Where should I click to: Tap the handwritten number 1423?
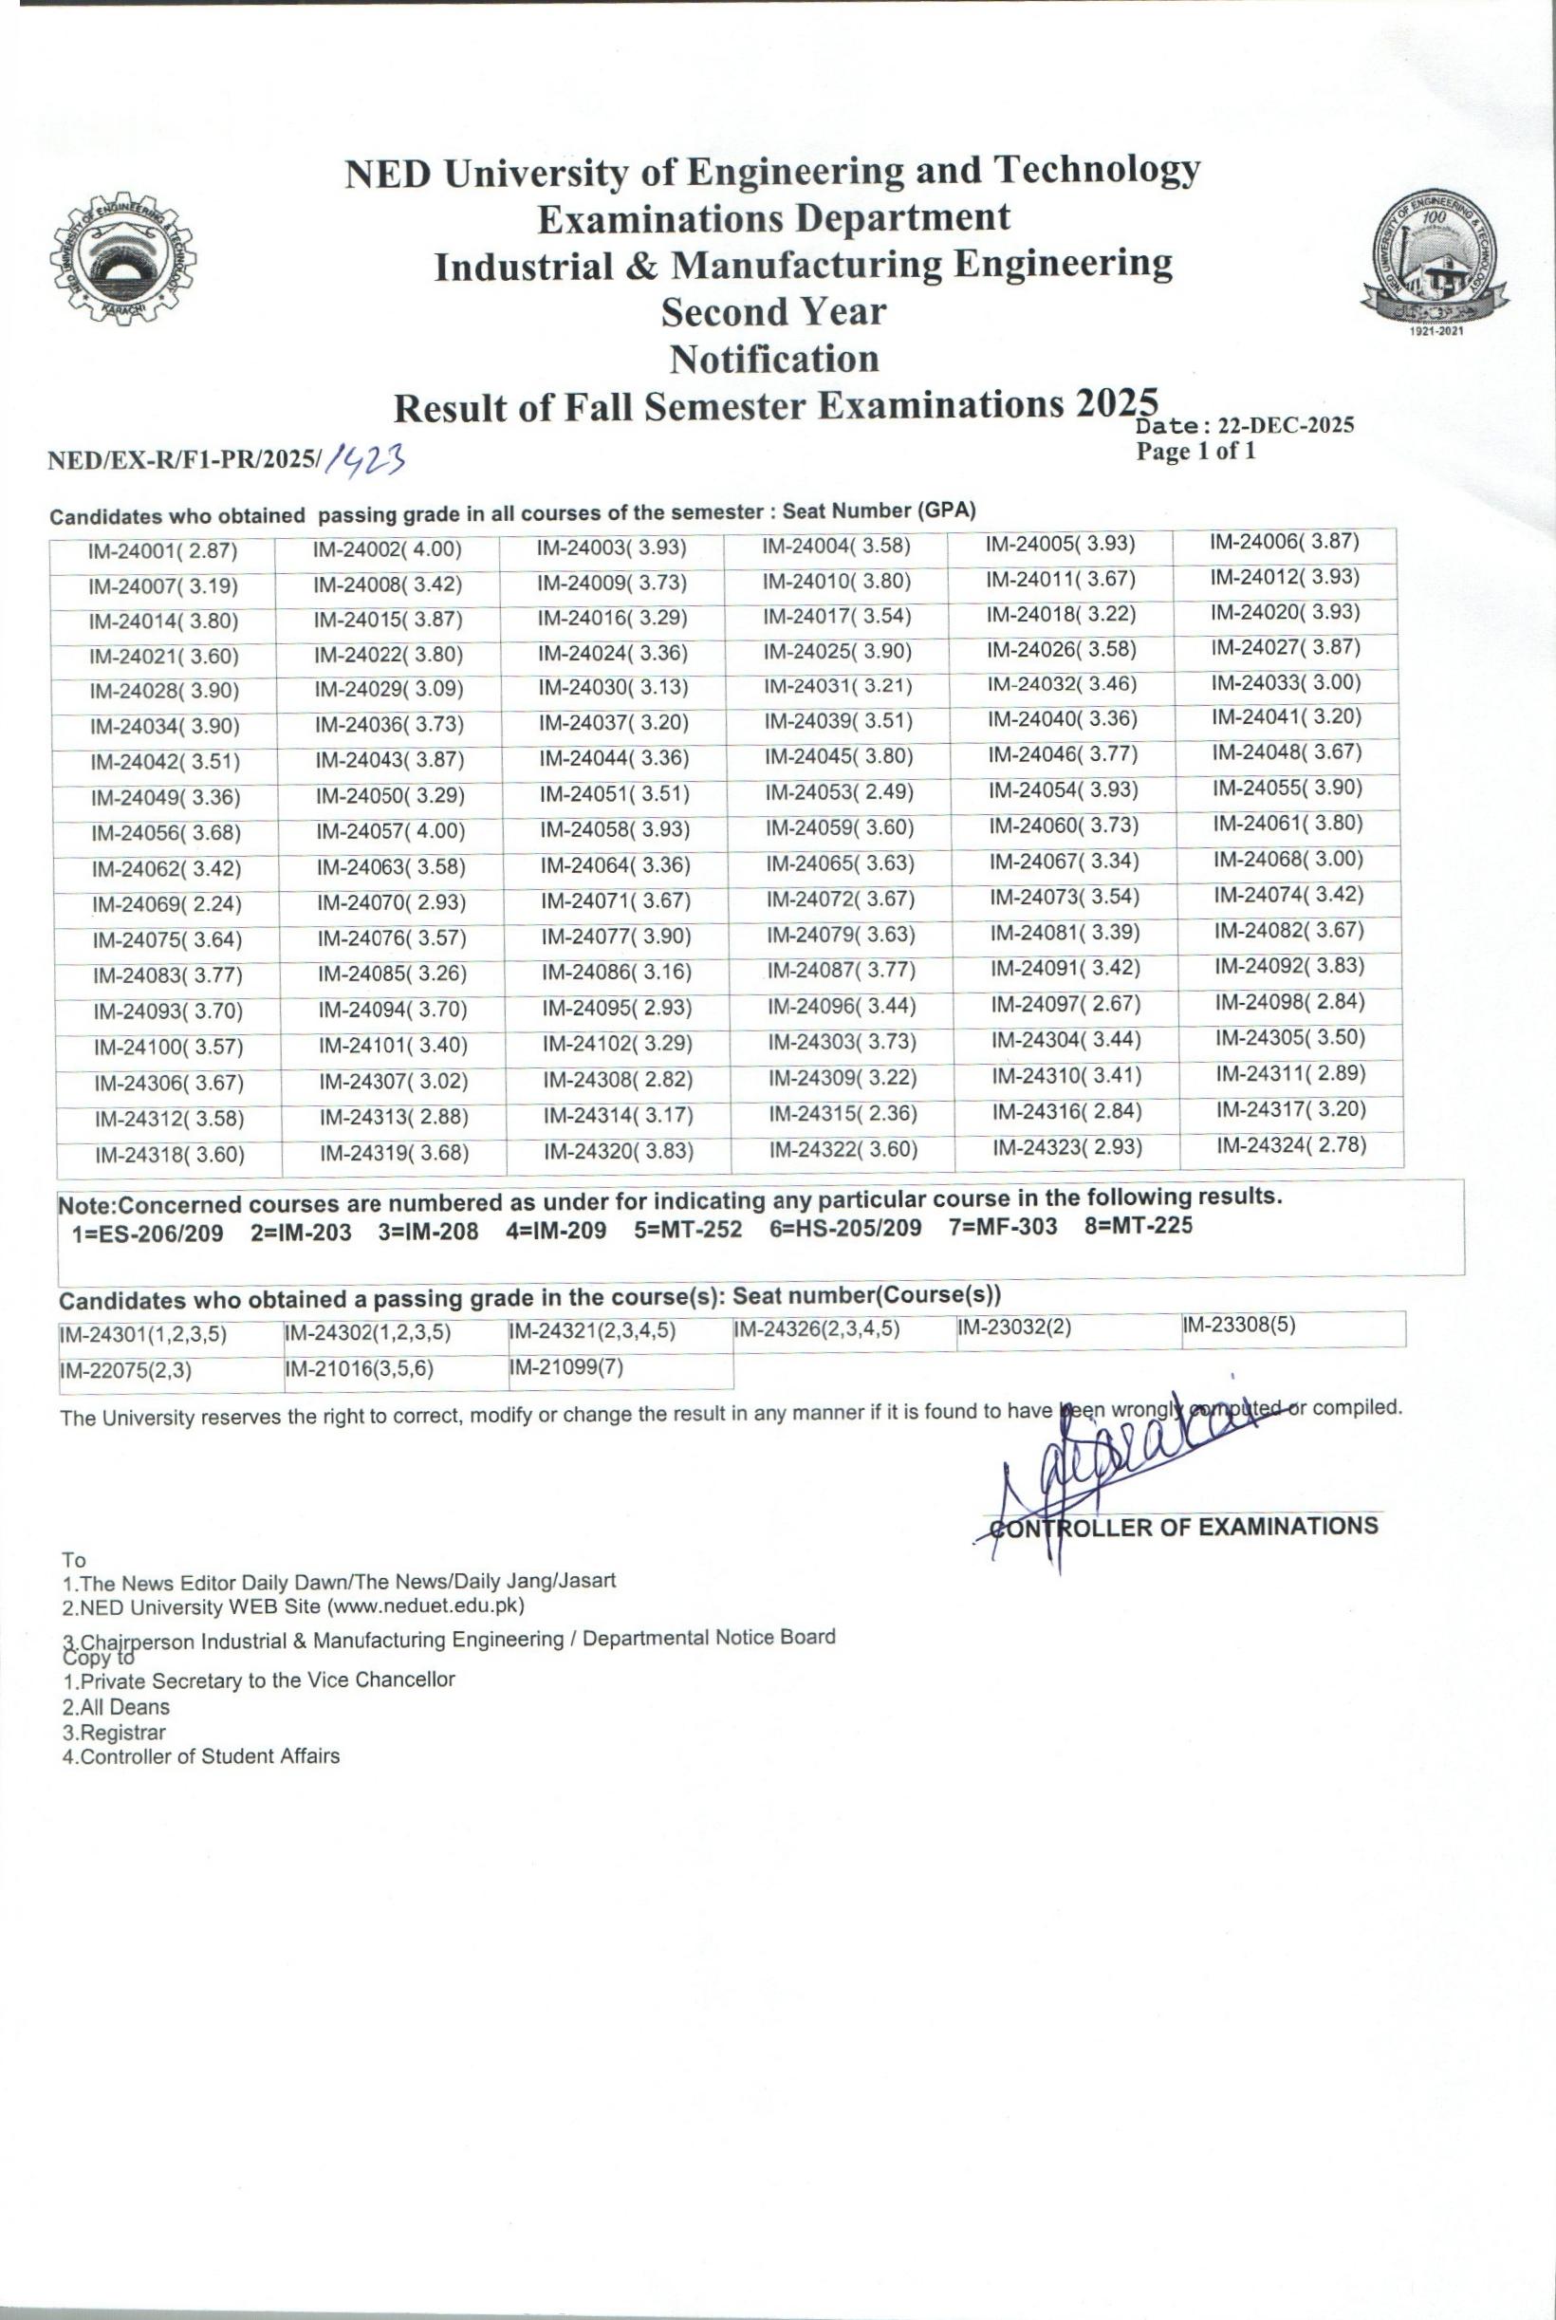pyautogui.click(x=368, y=458)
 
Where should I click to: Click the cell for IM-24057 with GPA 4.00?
pyautogui.click(x=391, y=831)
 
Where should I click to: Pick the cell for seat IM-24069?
pyautogui.click(x=167, y=904)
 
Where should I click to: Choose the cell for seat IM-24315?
pyautogui.click(x=843, y=1115)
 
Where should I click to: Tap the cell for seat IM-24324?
pyautogui.click(x=1292, y=1146)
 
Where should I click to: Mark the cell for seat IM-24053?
pyautogui.click(x=840, y=794)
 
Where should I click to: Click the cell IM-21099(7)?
pyautogui.click(x=565, y=1368)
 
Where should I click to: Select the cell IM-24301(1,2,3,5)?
pyautogui.click(x=143, y=1335)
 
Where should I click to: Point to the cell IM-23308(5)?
pyautogui.click(x=1239, y=1327)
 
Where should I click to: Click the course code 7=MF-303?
pyautogui.click(x=1002, y=1228)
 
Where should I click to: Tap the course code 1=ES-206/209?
pyautogui.click(x=148, y=1234)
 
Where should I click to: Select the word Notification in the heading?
pyautogui.click(x=774, y=359)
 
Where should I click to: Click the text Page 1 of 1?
pyautogui.click(x=1195, y=453)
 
